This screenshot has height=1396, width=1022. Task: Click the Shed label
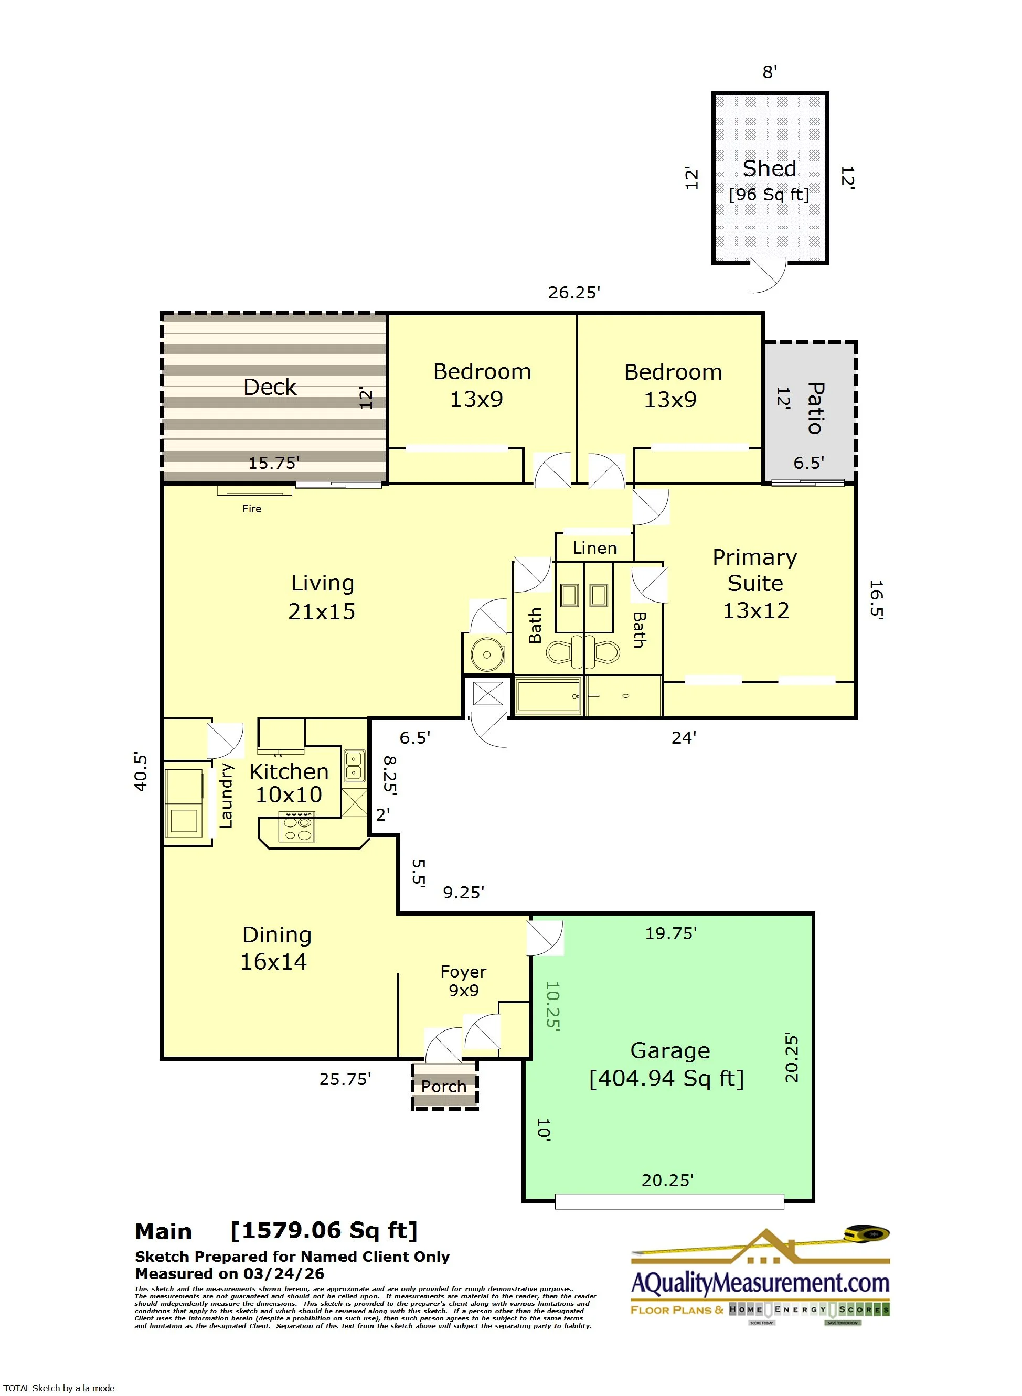[x=769, y=169]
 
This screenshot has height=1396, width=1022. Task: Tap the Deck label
[x=270, y=387]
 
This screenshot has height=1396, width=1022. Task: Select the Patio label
[x=815, y=408]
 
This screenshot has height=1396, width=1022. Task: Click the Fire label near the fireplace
[x=251, y=509]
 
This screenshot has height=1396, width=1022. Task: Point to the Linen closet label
[x=594, y=549]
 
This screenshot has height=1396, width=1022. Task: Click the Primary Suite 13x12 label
[x=755, y=584]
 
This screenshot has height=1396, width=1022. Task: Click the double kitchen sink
[x=354, y=766]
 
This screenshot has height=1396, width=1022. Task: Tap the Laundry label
[x=227, y=796]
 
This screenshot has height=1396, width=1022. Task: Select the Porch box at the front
[x=444, y=1086]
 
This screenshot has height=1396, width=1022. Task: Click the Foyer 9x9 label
[x=463, y=981]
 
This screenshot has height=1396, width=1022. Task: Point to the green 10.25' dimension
[x=552, y=1005]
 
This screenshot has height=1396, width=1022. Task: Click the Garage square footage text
[x=666, y=1079]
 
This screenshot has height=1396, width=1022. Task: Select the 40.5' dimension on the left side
[x=141, y=772]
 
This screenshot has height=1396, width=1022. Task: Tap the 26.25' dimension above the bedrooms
[x=573, y=293]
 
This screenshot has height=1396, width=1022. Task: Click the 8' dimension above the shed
[x=769, y=72]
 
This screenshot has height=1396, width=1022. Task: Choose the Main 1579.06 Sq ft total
[x=276, y=1231]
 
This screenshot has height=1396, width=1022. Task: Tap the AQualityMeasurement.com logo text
[x=760, y=1283]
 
